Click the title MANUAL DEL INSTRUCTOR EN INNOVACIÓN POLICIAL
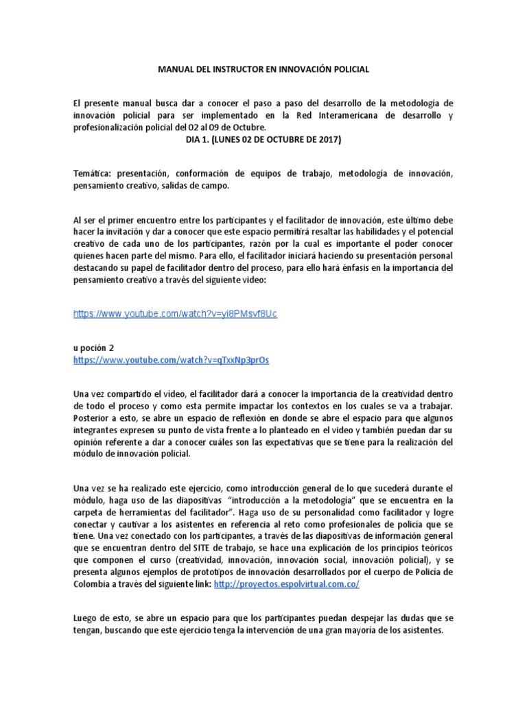coord(263,69)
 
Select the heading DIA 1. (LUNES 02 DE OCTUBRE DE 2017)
coord(263,140)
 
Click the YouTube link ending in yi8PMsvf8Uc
coord(175,313)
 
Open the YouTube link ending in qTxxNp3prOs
coord(171,360)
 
